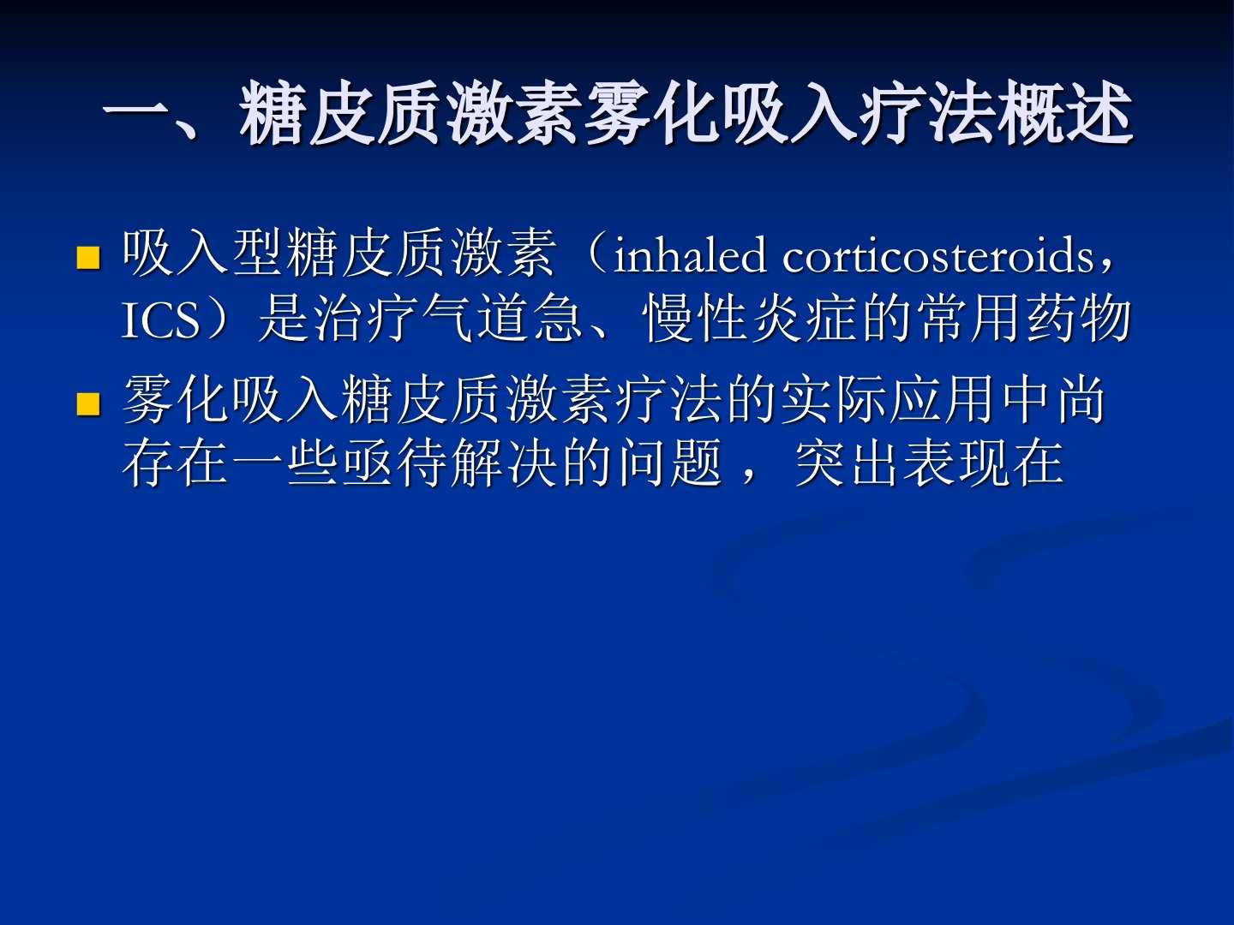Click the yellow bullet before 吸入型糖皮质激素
(x=87, y=258)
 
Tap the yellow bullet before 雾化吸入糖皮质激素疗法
(x=87, y=403)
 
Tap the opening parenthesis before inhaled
(x=595, y=255)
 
